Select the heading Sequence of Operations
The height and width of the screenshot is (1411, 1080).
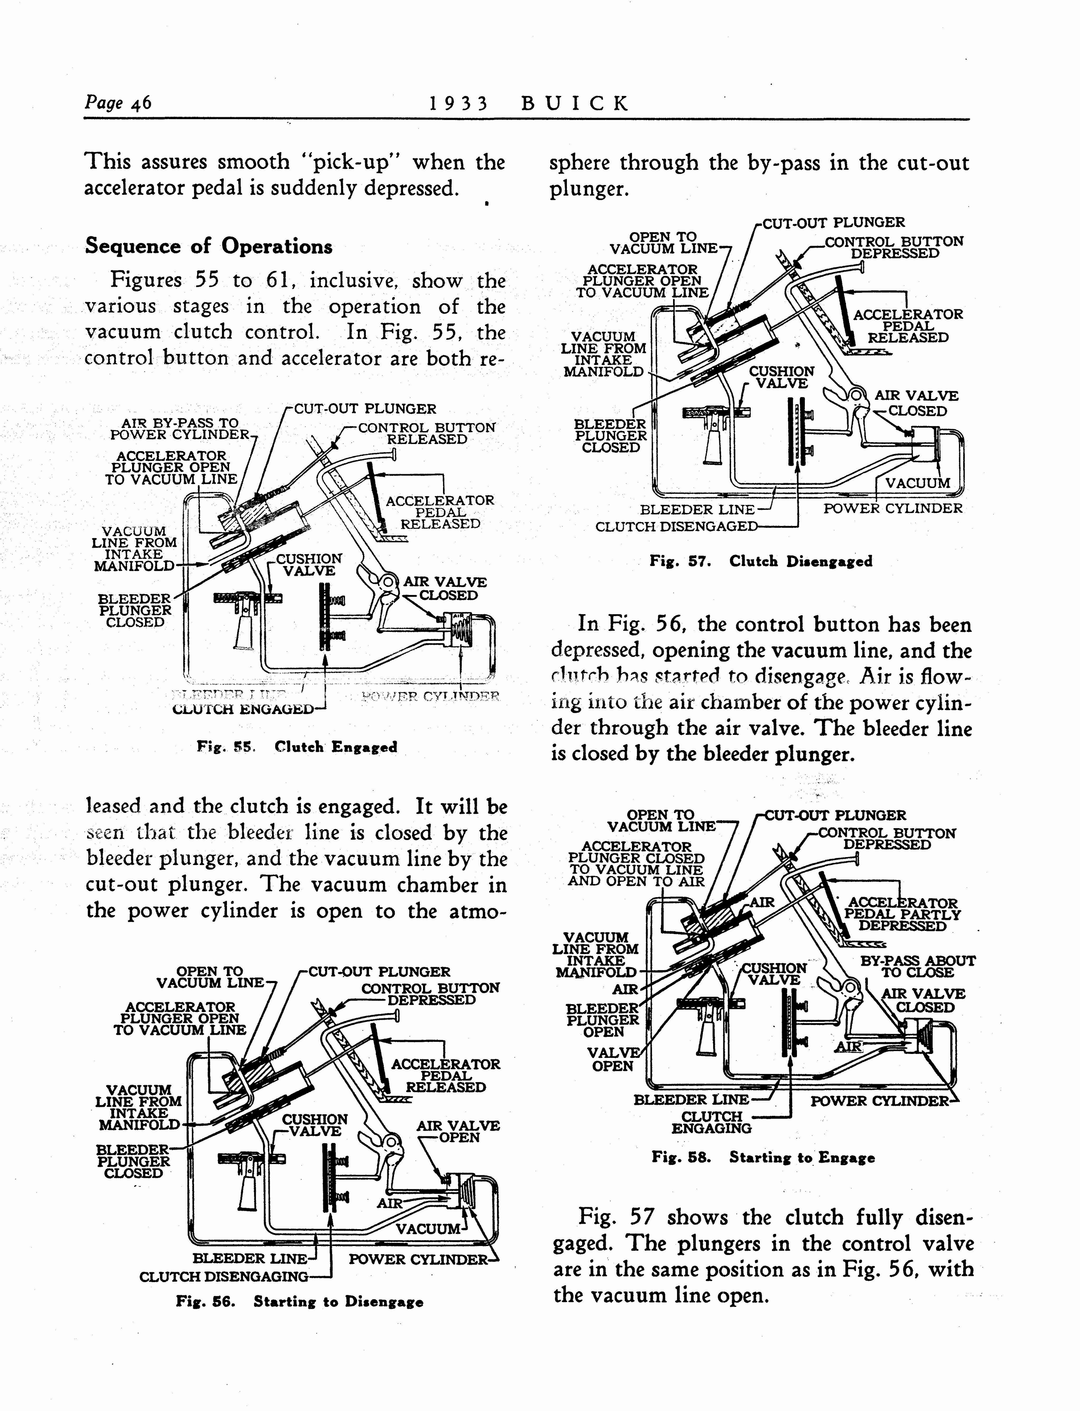209,246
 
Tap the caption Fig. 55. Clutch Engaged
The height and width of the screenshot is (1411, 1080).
297,747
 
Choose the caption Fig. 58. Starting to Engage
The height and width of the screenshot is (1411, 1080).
763,1158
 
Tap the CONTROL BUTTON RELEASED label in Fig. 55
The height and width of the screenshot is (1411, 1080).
426,433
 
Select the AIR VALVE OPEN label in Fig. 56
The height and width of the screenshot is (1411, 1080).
458,1132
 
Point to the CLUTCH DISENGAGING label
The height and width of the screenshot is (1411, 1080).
224,1276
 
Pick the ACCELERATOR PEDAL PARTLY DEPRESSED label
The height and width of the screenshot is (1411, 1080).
902,914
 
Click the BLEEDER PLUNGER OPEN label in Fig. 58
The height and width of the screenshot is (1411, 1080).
603,1020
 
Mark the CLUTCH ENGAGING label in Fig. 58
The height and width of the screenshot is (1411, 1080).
712,1123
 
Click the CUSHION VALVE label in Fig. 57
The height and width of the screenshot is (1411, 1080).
781,377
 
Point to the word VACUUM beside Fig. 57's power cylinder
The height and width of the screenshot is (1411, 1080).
917,483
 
